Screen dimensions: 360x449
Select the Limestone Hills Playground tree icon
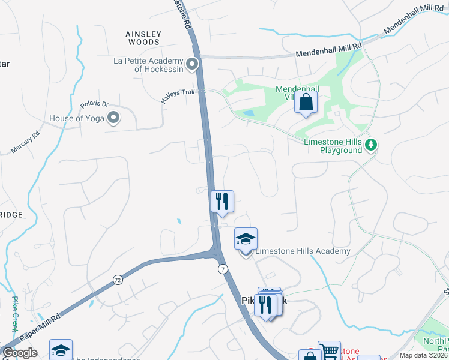pos(372,145)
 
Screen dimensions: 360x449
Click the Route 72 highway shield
pos(117,280)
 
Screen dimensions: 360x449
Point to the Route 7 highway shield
pos(223,270)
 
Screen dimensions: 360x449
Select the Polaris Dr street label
pos(94,104)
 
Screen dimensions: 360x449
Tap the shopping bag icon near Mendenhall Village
pos(306,103)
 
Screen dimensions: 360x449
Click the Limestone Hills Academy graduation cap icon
pos(246,239)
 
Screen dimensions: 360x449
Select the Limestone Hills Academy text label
pos(303,251)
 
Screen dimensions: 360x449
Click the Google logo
pos(20,353)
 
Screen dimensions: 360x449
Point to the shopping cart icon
pos(329,352)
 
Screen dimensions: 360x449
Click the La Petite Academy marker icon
pos(193,64)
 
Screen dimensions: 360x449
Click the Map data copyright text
pos(423,355)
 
